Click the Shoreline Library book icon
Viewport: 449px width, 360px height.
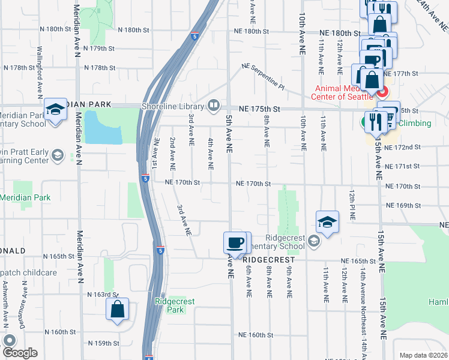[214, 106]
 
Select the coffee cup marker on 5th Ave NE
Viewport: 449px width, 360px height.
[235, 243]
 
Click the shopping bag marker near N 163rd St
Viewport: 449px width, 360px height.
[117, 310]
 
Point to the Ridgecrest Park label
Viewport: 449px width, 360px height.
[175, 305]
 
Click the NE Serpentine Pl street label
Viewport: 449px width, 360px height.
[263, 77]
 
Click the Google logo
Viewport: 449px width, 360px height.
[20, 353]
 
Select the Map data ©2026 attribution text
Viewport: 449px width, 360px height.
[423, 355]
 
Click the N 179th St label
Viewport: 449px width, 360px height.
[99, 48]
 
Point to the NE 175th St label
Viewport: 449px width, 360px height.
[259, 109]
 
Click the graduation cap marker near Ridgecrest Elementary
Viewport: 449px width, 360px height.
[328, 222]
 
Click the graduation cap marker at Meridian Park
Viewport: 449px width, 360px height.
[56, 109]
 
